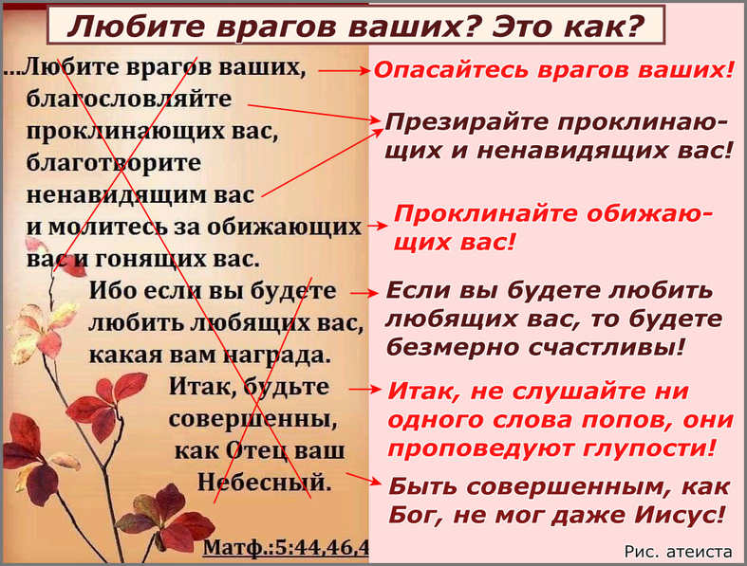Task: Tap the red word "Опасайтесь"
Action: click(453, 70)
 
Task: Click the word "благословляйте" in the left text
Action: click(129, 99)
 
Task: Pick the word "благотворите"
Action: click(114, 163)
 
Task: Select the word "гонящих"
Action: click(152, 260)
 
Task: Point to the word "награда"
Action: click(277, 356)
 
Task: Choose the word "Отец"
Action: click(257, 450)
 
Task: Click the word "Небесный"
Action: click(265, 483)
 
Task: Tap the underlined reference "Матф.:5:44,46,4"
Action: click(286, 547)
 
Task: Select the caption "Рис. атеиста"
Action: click(678, 552)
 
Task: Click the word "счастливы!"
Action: click(607, 348)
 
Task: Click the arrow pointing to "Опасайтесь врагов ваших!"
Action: click(344, 71)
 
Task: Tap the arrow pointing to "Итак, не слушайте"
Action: click(364, 390)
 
